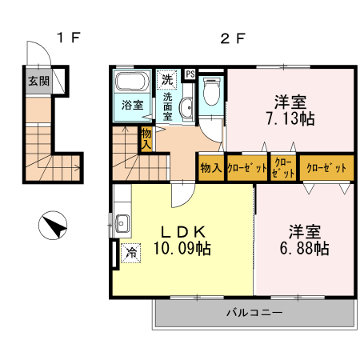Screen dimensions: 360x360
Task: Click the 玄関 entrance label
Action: pyautogui.click(x=38, y=81)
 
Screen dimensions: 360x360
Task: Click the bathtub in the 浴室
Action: pyautogui.click(x=130, y=82)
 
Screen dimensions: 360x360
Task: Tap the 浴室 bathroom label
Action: pyautogui.click(x=132, y=106)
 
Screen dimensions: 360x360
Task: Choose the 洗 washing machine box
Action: pyautogui.click(x=167, y=79)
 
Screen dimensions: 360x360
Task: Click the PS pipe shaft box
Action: pyautogui.click(x=190, y=74)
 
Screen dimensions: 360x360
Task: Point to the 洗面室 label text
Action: pyautogui.click(x=168, y=106)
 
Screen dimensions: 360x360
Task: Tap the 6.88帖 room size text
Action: pyautogui.click(x=304, y=249)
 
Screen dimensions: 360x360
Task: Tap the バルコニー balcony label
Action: pyautogui.click(x=253, y=312)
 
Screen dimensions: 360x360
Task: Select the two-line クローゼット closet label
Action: pyautogui.click(x=283, y=168)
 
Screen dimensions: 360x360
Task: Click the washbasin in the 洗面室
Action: pyautogui.click(x=185, y=109)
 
